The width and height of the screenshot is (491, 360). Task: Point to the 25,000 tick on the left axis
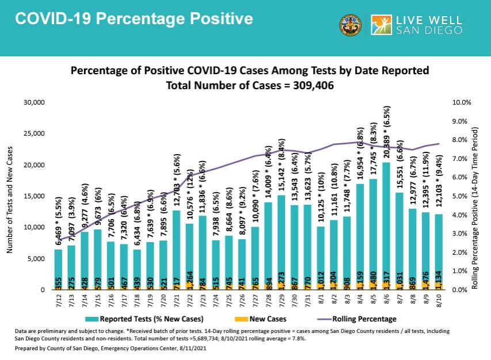click(33, 134)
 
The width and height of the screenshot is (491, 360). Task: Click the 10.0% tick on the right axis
click(462, 102)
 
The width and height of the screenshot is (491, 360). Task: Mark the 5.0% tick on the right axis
click(460, 196)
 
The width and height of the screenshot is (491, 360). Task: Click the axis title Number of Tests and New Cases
click(9, 196)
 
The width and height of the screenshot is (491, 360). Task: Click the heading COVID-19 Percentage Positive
click(134, 19)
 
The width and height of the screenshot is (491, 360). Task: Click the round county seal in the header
click(352, 25)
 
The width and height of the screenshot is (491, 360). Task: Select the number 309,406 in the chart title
click(307, 85)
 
